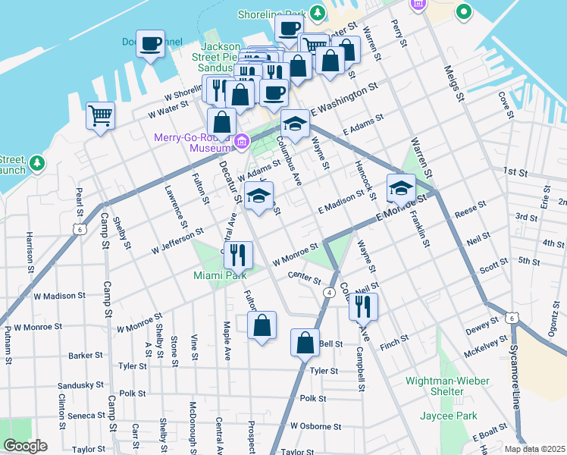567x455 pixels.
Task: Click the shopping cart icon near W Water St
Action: coord(100,116)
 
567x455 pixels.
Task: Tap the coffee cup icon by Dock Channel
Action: coord(150,43)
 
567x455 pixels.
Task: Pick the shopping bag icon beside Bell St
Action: coord(305,342)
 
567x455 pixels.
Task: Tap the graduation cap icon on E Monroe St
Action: coord(401,187)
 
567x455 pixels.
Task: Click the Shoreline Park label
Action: coord(271,14)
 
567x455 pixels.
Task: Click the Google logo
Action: coord(25,446)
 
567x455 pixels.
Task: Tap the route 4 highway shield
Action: coord(329,292)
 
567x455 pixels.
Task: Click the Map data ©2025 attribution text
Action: coord(534,449)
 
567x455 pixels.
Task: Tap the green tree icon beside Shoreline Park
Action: coord(318,13)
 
